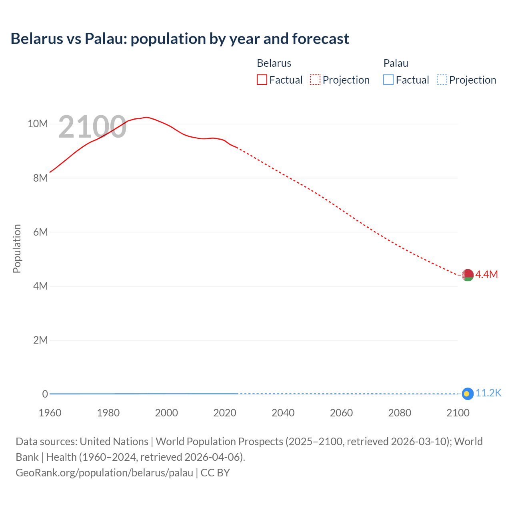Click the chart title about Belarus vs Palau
pyautogui.click(x=180, y=39)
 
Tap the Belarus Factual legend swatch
pyautogui.click(x=262, y=80)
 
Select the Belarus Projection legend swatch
pyautogui.click(x=315, y=80)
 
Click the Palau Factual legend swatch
pyautogui.click(x=388, y=80)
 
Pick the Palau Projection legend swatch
pyautogui.click(x=442, y=80)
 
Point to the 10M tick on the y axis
pyautogui.click(x=38, y=124)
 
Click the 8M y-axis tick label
pyautogui.click(x=40, y=178)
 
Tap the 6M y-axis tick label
pyautogui.click(x=40, y=232)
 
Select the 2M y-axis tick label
pyautogui.click(x=40, y=340)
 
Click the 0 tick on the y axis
pyautogui.click(x=45, y=394)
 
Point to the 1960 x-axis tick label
pyautogui.click(x=50, y=413)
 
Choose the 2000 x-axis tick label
pyautogui.click(x=166, y=413)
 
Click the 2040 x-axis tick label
pyautogui.click(x=283, y=413)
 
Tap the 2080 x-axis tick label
pyautogui.click(x=400, y=413)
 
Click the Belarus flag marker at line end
pyautogui.click(x=468, y=275)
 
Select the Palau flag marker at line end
pyautogui.click(x=468, y=394)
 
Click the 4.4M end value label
pyautogui.click(x=486, y=274)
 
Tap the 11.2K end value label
pyautogui.click(x=488, y=393)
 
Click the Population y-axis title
pyautogui.click(x=17, y=248)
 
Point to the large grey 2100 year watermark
pyautogui.click(x=92, y=127)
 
